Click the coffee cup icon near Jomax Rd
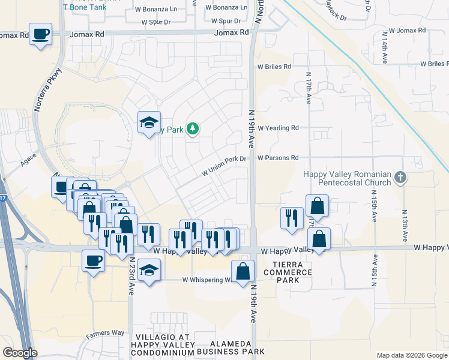click(41, 34)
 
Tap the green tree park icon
click(193, 128)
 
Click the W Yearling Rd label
click(278, 128)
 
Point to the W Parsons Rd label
click(278, 158)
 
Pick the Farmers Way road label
click(104, 333)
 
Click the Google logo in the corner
click(19, 353)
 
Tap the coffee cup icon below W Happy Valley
click(93, 261)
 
